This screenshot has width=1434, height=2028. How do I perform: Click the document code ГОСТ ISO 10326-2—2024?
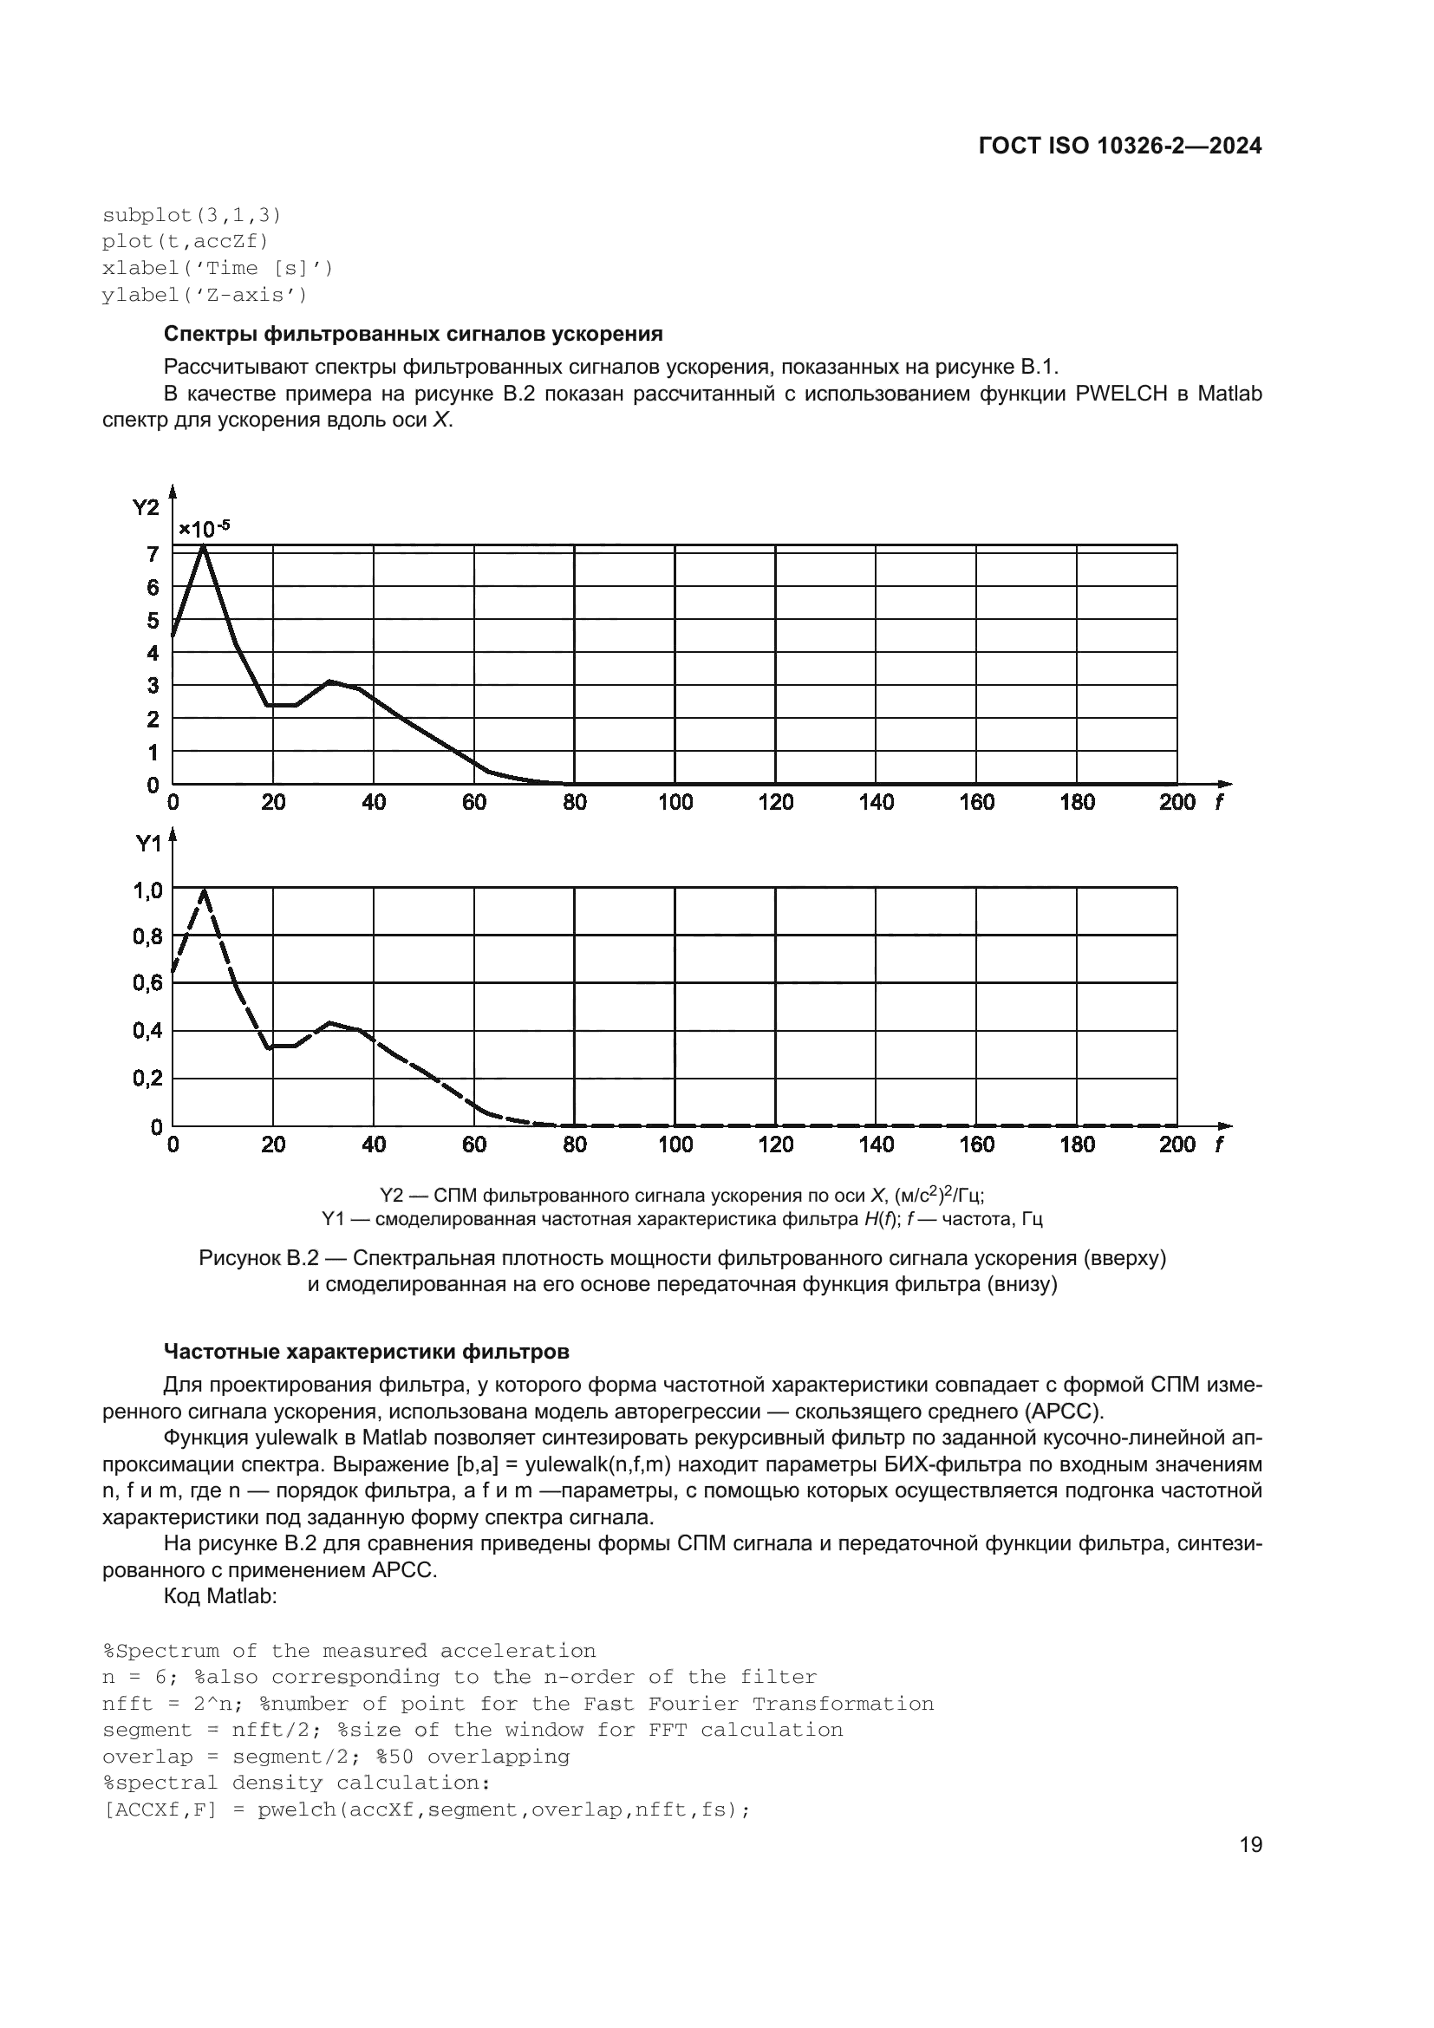(x=1119, y=147)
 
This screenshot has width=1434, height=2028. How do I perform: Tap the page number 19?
(x=1250, y=1845)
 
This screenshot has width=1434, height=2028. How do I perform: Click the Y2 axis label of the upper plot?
(x=146, y=507)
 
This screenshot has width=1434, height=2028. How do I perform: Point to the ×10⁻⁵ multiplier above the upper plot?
(x=204, y=529)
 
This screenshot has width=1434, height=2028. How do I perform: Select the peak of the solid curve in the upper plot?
(x=204, y=546)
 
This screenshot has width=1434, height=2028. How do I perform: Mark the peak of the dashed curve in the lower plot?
(x=205, y=890)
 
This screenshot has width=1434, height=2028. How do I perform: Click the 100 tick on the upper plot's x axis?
(x=675, y=802)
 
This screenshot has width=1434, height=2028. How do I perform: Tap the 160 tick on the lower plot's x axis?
(x=976, y=1144)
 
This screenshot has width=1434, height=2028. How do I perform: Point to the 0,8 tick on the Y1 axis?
(x=147, y=936)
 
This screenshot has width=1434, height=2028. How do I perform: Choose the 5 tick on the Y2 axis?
(x=153, y=620)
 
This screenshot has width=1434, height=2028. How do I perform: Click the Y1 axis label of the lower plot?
(x=148, y=844)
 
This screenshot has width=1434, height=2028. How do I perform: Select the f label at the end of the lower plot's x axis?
(x=1220, y=1144)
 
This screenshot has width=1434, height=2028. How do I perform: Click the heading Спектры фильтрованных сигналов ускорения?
(x=414, y=334)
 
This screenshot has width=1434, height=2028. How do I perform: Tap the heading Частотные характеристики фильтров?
(x=367, y=1352)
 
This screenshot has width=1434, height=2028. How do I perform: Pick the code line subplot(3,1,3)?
(x=192, y=215)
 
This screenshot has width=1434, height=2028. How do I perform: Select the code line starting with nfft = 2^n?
(x=518, y=1704)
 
